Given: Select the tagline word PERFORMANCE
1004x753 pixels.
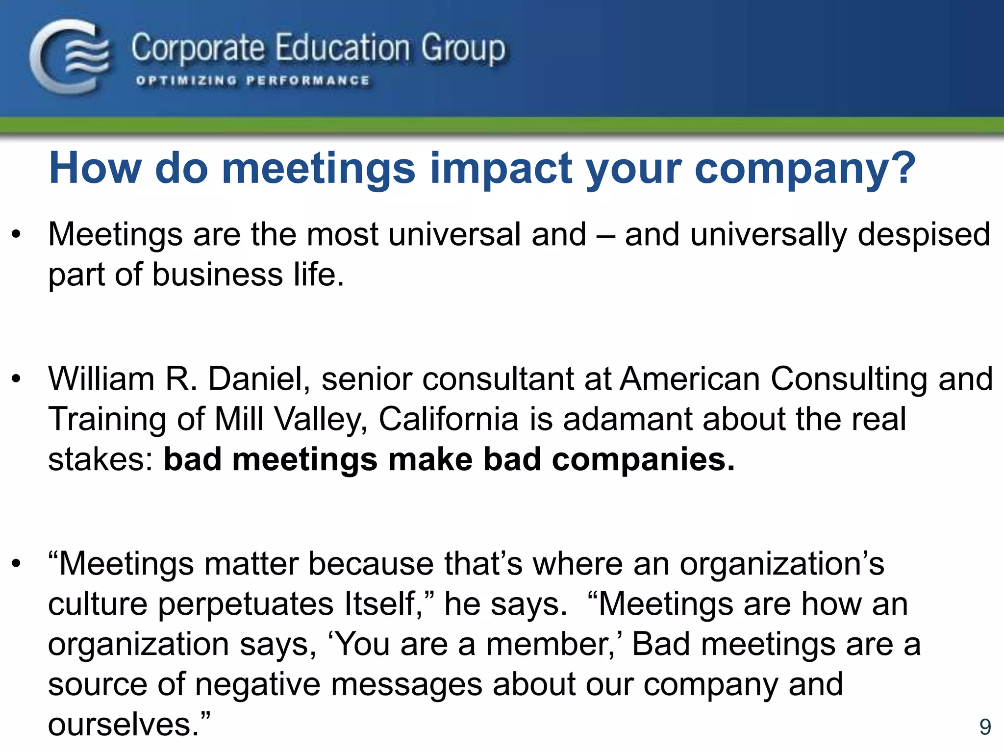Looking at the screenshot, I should point(308,81).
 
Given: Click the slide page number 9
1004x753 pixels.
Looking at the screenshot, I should point(985,727).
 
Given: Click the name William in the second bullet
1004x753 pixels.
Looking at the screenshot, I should point(101,379).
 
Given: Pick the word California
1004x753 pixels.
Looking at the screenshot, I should point(448,419).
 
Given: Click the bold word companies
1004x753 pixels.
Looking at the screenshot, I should point(643,460).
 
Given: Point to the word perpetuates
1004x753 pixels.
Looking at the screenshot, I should point(246,604).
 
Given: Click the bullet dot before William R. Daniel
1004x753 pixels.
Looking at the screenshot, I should point(17,379).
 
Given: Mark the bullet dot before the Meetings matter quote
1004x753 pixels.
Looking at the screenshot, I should point(17,564).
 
